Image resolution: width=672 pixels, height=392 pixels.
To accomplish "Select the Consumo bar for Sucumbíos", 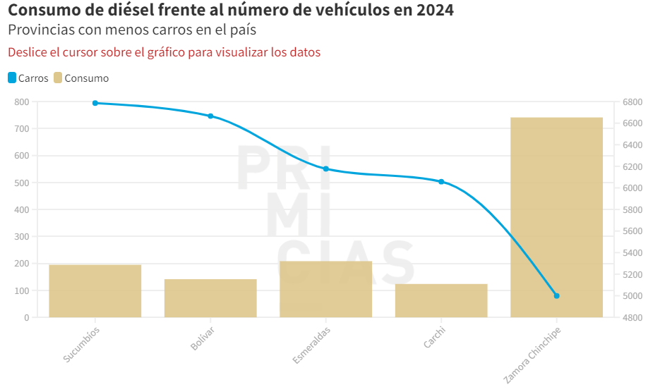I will pyautogui.click(x=95, y=290).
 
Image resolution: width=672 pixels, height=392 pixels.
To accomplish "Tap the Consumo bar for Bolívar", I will pyautogui.click(x=210, y=298).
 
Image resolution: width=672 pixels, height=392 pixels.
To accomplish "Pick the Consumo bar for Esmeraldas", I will pyautogui.click(x=325, y=289).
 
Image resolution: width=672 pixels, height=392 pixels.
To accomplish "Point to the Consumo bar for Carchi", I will pyautogui.click(x=441, y=300).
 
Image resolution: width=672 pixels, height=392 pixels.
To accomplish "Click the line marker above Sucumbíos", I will pyautogui.click(x=95, y=103).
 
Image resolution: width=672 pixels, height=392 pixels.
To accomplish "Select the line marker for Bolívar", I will pyautogui.click(x=210, y=116).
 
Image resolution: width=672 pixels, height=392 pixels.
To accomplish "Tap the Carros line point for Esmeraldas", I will pyautogui.click(x=325, y=169).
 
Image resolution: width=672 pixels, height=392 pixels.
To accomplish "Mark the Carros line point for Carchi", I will pyautogui.click(x=441, y=182).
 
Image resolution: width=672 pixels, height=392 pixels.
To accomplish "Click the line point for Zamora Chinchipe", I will pyautogui.click(x=556, y=296).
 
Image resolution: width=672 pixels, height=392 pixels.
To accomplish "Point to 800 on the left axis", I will pyautogui.click(x=22, y=102).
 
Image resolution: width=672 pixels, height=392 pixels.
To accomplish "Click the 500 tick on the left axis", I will pyautogui.click(x=22, y=183).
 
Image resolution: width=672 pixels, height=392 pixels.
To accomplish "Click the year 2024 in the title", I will pyautogui.click(x=433, y=11).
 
